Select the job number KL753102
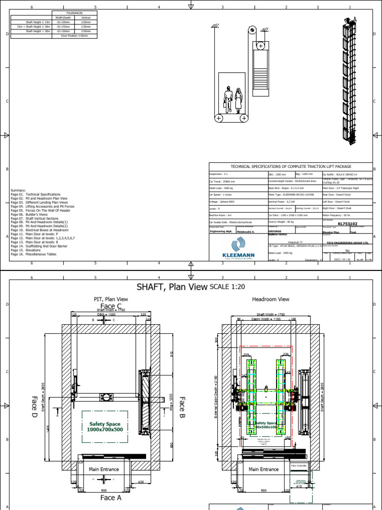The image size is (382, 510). (348, 224)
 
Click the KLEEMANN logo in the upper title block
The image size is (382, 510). (237, 249)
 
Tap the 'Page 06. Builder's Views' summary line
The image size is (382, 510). (32, 215)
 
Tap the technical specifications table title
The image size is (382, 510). (290, 166)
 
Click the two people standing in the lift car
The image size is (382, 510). (233, 101)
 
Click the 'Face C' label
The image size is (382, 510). (111, 306)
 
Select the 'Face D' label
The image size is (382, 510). (35, 406)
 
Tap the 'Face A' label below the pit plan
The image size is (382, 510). (111, 497)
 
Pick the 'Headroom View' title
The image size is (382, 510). (270, 299)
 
